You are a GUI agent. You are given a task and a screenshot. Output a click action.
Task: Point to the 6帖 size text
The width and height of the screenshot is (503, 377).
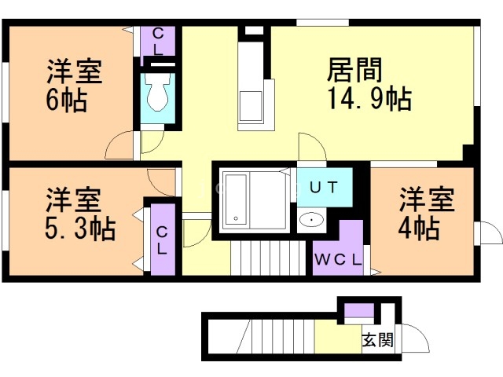[x=66, y=101]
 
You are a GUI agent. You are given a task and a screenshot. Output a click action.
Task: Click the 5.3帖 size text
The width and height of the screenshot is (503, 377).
[x=77, y=229]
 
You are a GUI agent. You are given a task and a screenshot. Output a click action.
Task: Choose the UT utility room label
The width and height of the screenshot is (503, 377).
[x=323, y=188]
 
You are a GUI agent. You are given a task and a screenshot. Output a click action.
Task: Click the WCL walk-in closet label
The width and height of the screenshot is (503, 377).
[x=338, y=260]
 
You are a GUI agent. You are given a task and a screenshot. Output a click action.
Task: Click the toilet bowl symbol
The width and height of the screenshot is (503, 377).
[x=158, y=95]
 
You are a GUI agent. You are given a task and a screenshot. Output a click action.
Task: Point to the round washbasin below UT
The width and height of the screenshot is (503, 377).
[x=314, y=220]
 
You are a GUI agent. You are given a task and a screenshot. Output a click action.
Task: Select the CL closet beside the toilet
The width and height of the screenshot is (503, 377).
[x=158, y=40]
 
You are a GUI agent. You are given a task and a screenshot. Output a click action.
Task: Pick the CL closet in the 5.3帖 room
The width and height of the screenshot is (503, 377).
[x=161, y=240]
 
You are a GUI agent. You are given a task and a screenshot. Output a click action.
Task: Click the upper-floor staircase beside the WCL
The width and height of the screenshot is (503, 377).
[x=266, y=258]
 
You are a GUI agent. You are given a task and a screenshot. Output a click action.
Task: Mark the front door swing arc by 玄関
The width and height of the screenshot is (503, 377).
[x=416, y=338]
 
